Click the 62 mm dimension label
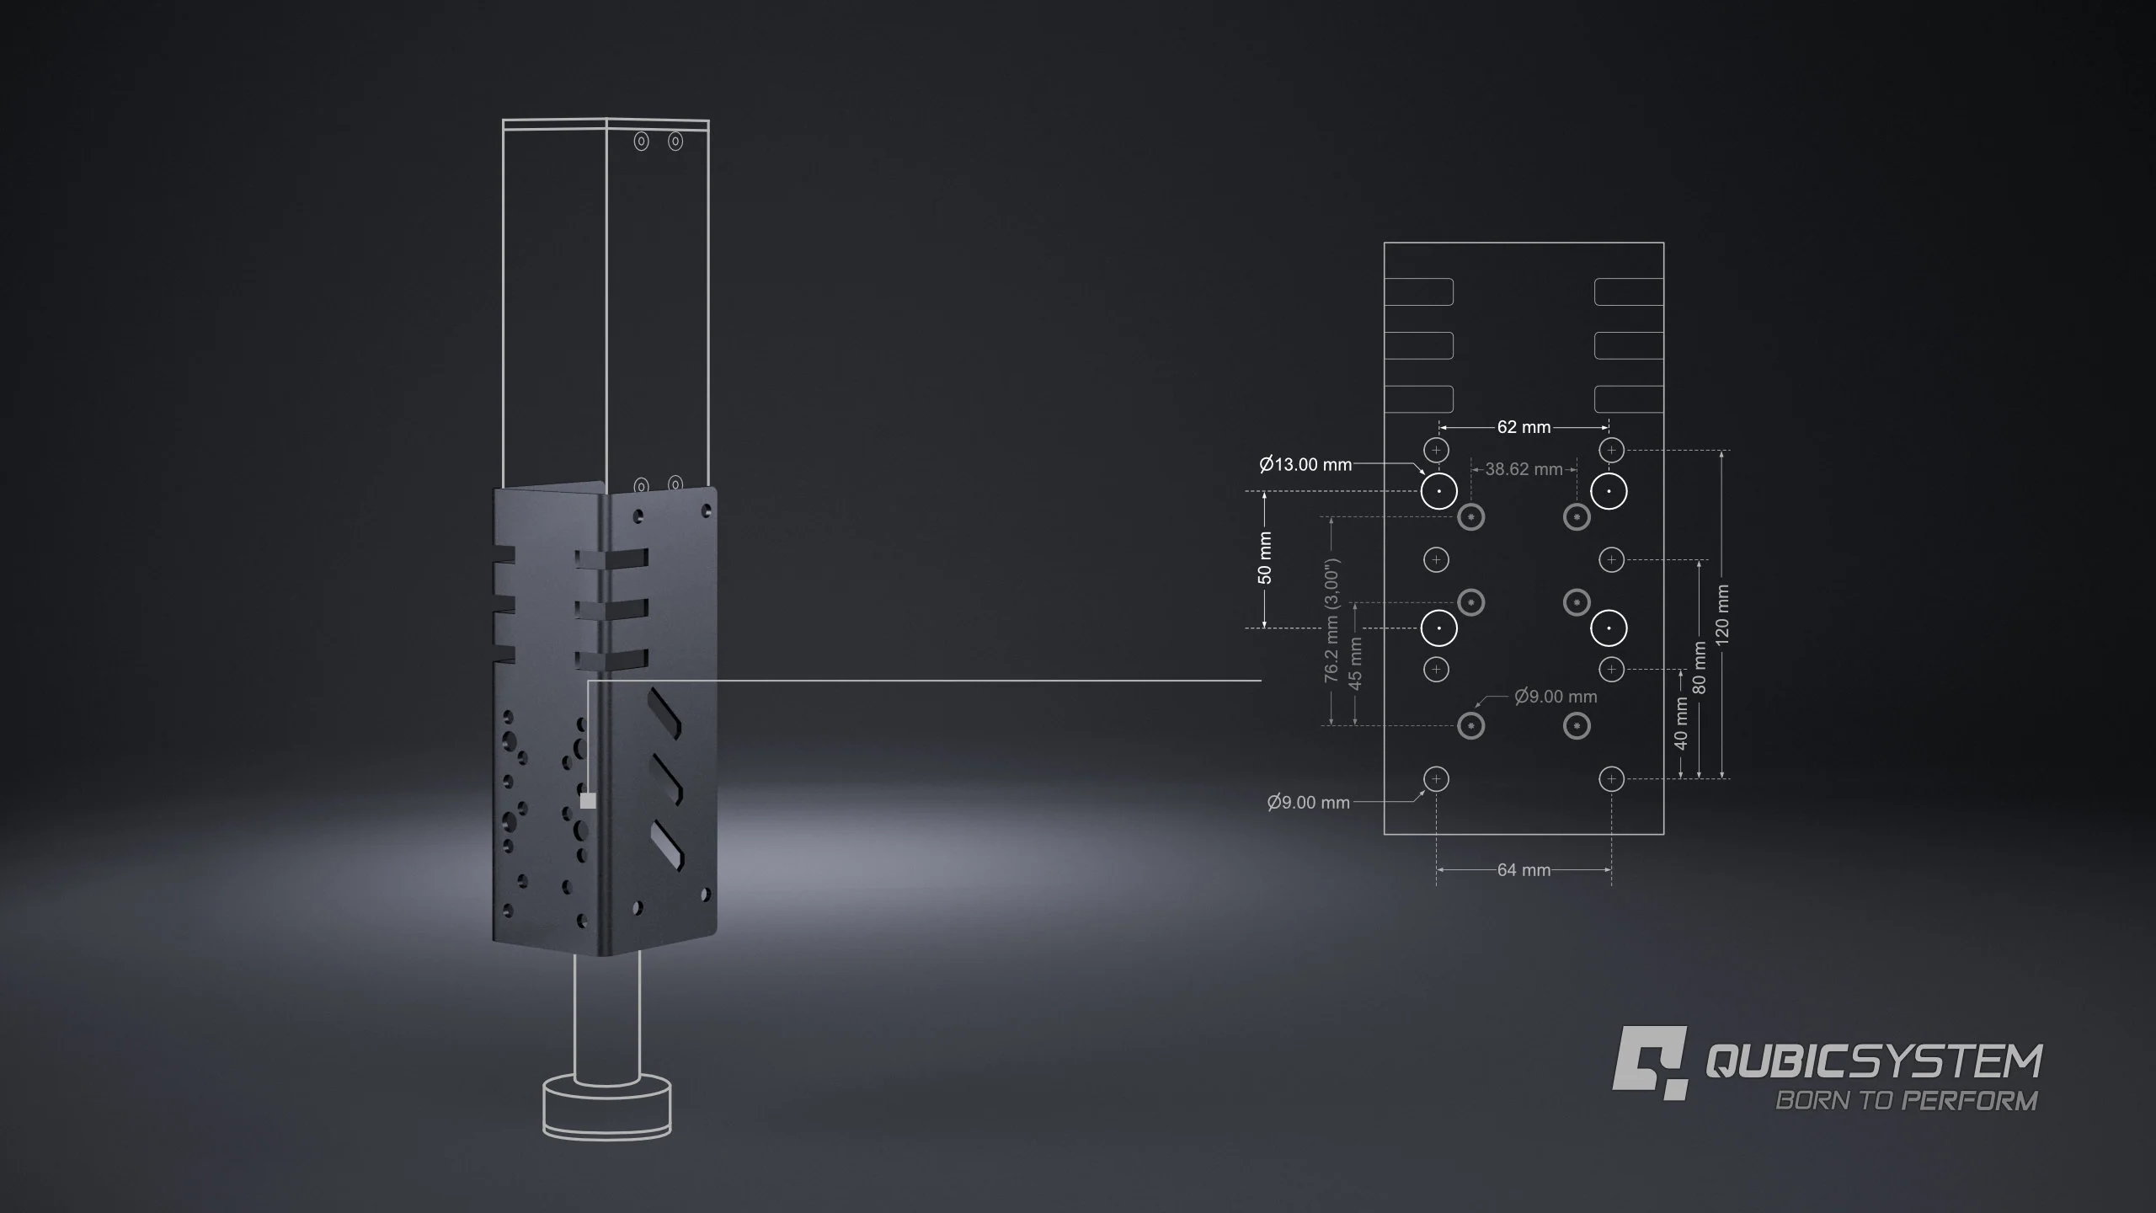click(1524, 427)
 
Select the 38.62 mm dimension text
click(1524, 469)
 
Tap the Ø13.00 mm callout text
click(1305, 464)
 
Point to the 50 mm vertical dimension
click(1264, 558)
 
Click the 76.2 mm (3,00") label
click(1331, 621)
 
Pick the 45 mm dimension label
click(1355, 663)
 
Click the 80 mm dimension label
click(1700, 668)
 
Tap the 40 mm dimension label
click(1681, 723)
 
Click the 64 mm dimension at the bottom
click(1524, 870)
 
